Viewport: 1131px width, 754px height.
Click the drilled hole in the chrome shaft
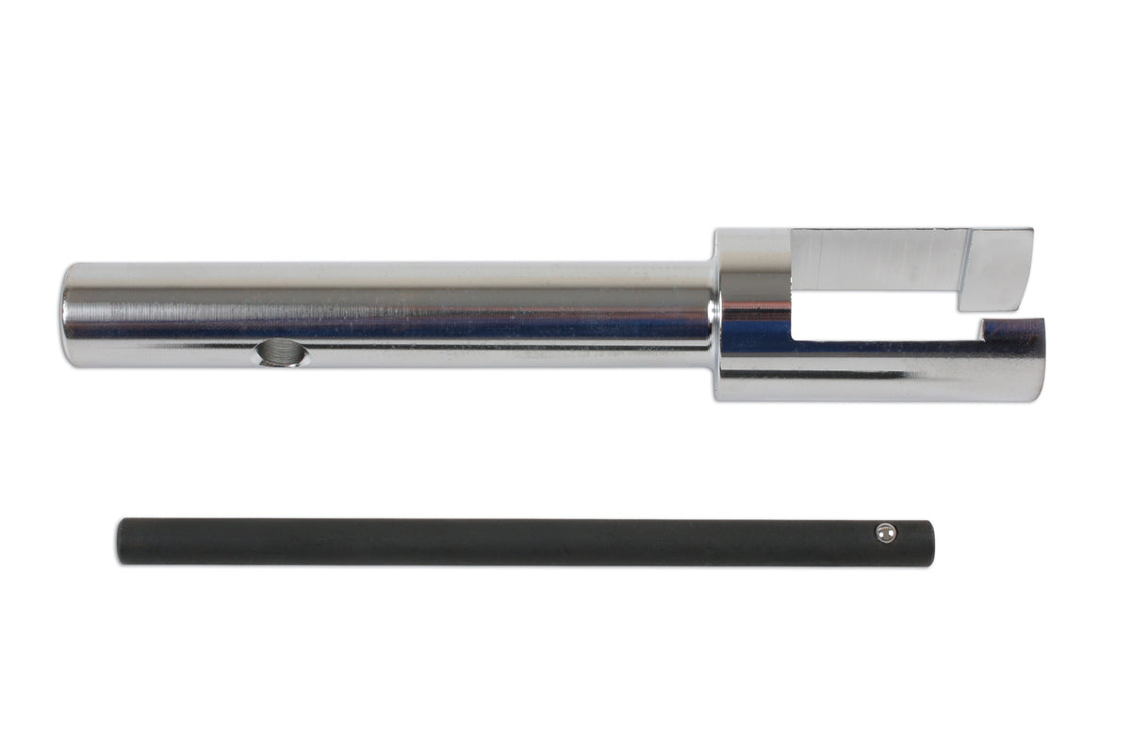click(281, 354)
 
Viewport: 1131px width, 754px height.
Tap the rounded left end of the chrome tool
click(68, 315)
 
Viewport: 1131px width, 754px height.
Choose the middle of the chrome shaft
click(386, 315)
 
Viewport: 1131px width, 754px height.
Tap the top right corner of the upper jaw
click(1030, 231)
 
